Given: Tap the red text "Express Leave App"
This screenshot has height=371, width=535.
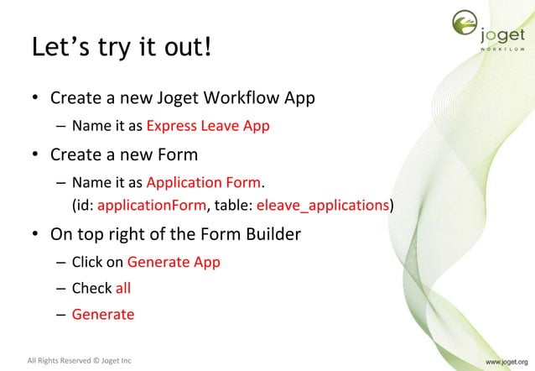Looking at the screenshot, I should pyautogui.click(x=208, y=127).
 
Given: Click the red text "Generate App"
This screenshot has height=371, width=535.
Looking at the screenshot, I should pyautogui.click(x=174, y=262).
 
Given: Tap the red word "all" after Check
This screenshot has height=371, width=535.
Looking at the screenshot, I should pyautogui.click(x=123, y=288).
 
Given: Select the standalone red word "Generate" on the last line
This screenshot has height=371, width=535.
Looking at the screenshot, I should pyautogui.click(x=102, y=314).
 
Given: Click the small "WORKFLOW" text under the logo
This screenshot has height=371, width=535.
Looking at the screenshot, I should pyautogui.click(x=502, y=50).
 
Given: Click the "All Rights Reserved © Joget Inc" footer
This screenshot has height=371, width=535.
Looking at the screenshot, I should pyautogui.click(x=80, y=362).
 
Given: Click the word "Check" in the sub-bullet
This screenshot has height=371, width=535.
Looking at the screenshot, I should pyautogui.click(x=91, y=288).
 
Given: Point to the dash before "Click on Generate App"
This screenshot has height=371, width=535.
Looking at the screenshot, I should pyautogui.click(x=61, y=262).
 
